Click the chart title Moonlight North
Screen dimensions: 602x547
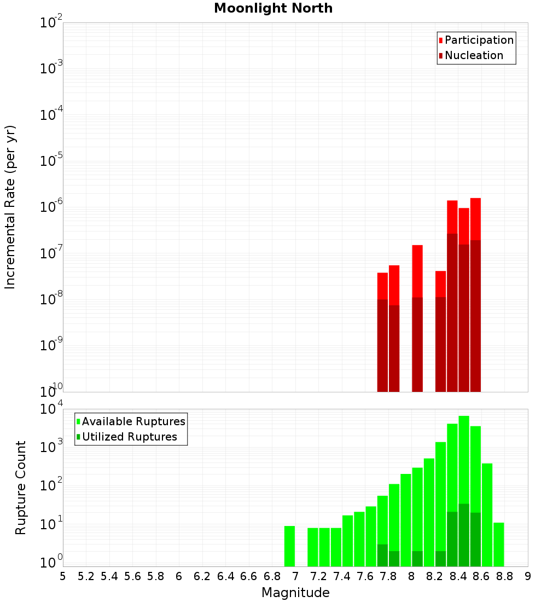tap(273, 8)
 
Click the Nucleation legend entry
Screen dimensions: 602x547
tap(473, 55)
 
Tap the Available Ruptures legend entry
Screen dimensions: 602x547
tap(133, 421)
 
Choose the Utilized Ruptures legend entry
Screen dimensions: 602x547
tap(129, 437)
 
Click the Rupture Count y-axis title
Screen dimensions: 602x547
tap(21, 488)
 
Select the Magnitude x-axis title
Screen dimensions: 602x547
tap(295, 593)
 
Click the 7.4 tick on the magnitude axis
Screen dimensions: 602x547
tap(342, 576)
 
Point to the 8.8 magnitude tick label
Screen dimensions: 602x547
tap(505, 576)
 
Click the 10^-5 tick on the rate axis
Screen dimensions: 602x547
tap(51, 161)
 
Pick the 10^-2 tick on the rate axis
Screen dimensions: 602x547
tap(51, 23)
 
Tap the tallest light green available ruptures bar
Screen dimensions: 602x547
tap(464, 460)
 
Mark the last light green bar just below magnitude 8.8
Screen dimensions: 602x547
tap(498, 544)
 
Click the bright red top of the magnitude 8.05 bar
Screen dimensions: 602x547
tap(417, 271)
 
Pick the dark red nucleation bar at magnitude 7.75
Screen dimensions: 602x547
tap(382, 345)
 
